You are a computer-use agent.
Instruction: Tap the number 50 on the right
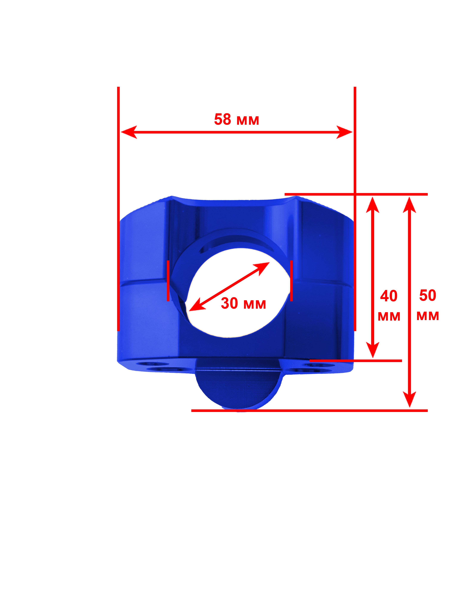point(428,295)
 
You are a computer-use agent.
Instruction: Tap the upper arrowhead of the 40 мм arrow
point(373,205)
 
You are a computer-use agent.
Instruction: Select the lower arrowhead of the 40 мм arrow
point(373,350)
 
